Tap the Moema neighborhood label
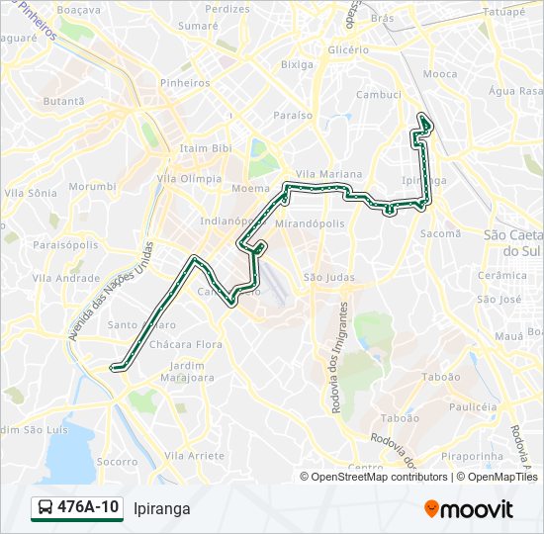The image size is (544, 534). pyautogui.click(x=250, y=188)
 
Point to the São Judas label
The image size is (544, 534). pyautogui.click(x=328, y=277)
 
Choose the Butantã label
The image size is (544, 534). pyautogui.click(x=63, y=101)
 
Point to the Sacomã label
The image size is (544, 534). pyautogui.click(x=441, y=233)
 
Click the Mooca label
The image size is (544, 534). pyautogui.click(x=440, y=74)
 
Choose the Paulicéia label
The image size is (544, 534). pyautogui.click(x=472, y=406)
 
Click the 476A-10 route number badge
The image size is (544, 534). pyautogui.click(x=88, y=507)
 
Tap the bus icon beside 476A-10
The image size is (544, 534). pyautogui.click(x=46, y=508)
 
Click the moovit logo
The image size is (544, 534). pyautogui.click(x=469, y=509)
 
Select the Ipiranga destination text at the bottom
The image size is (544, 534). pyautogui.click(x=161, y=508)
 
